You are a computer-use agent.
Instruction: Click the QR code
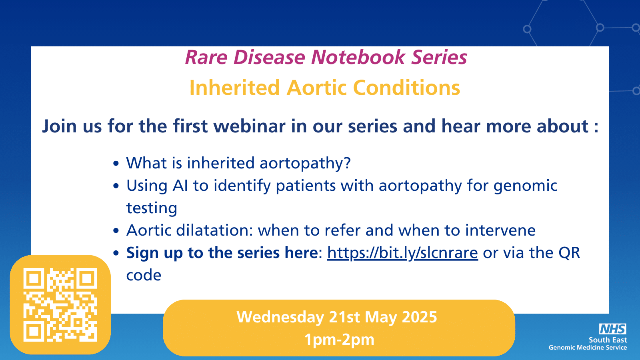[60, 304]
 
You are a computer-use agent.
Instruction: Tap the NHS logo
[612, 329]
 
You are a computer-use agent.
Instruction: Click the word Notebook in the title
[358, 57]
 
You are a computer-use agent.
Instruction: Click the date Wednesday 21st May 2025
[337, 317]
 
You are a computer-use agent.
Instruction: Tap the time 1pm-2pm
[339, 340]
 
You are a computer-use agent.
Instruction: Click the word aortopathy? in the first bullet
[305, 164]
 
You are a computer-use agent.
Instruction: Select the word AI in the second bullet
[180, 186]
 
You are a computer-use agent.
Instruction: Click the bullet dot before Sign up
[116, 253]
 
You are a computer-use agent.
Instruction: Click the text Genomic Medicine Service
[588, 348]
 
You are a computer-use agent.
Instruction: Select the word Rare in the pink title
[206, 57]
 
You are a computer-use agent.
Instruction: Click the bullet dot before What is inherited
[116, 164]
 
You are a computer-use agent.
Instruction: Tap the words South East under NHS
[608, 340]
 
